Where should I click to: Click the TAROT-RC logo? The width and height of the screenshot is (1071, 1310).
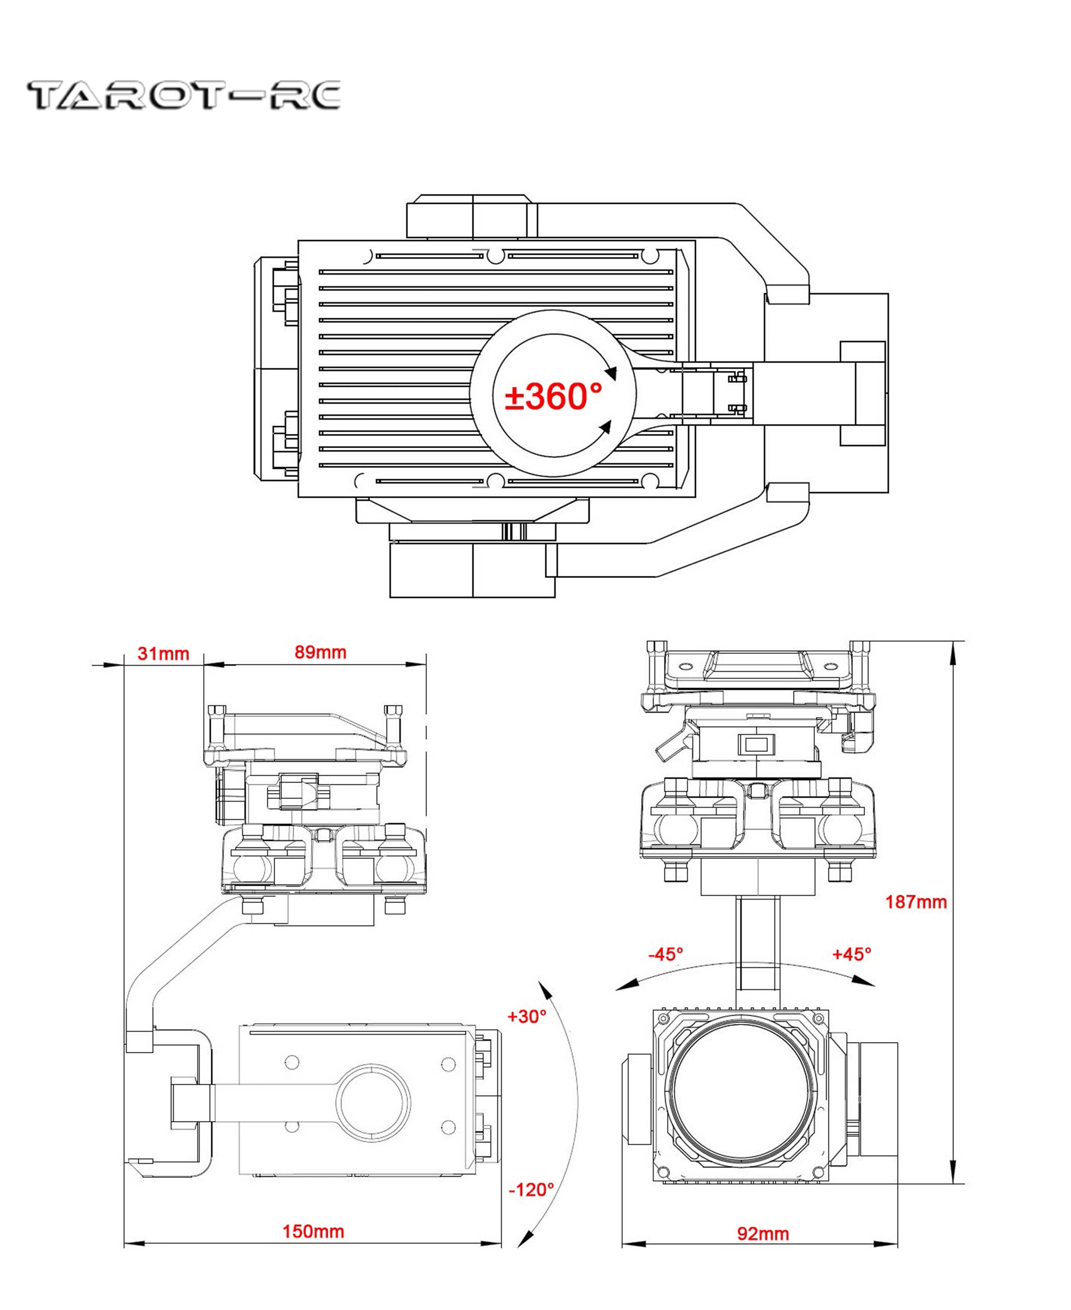click(x=183, y=96)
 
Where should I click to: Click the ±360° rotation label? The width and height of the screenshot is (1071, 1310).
click(x=553, y=396)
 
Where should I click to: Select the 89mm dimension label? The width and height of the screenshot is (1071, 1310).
click(x=320, y=652)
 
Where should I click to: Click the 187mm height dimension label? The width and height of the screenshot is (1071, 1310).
click(x=915, y=902)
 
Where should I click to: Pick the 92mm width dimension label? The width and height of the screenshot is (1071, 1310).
click(x=763, y=1233)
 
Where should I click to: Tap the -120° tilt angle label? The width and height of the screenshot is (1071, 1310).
click(x=530, y=1189)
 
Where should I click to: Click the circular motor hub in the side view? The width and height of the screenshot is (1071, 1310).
click(x=373, y=1101)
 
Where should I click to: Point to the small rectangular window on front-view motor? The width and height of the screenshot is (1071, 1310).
click(x=756, y=745)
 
